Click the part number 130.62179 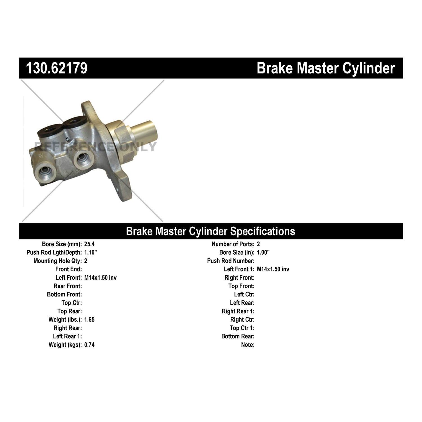57,68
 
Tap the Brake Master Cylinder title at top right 326,68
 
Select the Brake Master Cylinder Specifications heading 210,231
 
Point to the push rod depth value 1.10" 91,252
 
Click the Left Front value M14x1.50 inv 100,278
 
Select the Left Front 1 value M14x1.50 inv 273,269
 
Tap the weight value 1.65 89,320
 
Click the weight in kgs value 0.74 89,345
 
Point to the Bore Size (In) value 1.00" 263,252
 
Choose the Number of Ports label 233,244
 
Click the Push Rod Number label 231,261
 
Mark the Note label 248,345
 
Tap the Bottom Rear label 238,336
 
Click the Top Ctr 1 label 242,328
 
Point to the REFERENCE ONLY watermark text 95,147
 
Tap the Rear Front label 68,286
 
